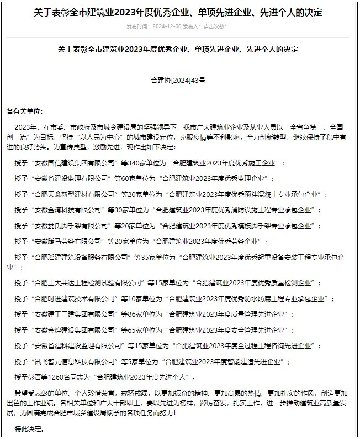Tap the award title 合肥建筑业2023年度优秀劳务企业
click(x=211, y=242)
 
